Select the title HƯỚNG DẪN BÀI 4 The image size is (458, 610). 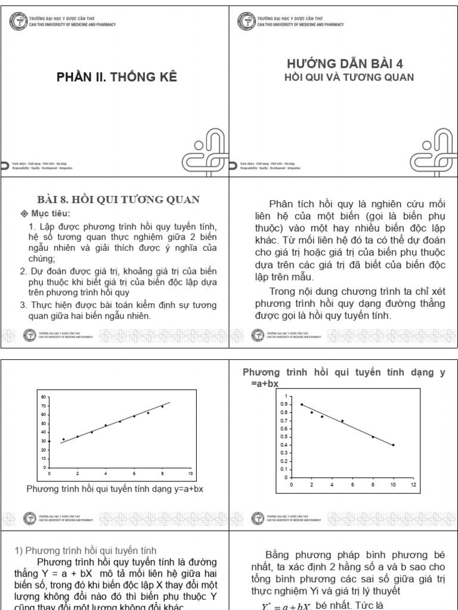point(341,64)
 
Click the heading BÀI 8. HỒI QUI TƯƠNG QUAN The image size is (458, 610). point(117,200)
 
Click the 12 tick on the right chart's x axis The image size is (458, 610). point(413,484)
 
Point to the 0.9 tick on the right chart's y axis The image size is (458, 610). point(281,404)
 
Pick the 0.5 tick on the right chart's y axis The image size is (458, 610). point(281,437)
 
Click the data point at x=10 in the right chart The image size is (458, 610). point(393,445)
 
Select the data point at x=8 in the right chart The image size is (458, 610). point(373,437)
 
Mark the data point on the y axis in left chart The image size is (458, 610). point(49,441)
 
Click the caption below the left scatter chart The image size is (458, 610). point(116,490)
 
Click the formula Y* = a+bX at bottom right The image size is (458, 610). point(284,605)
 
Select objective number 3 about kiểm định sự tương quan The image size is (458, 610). point(116,310)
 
